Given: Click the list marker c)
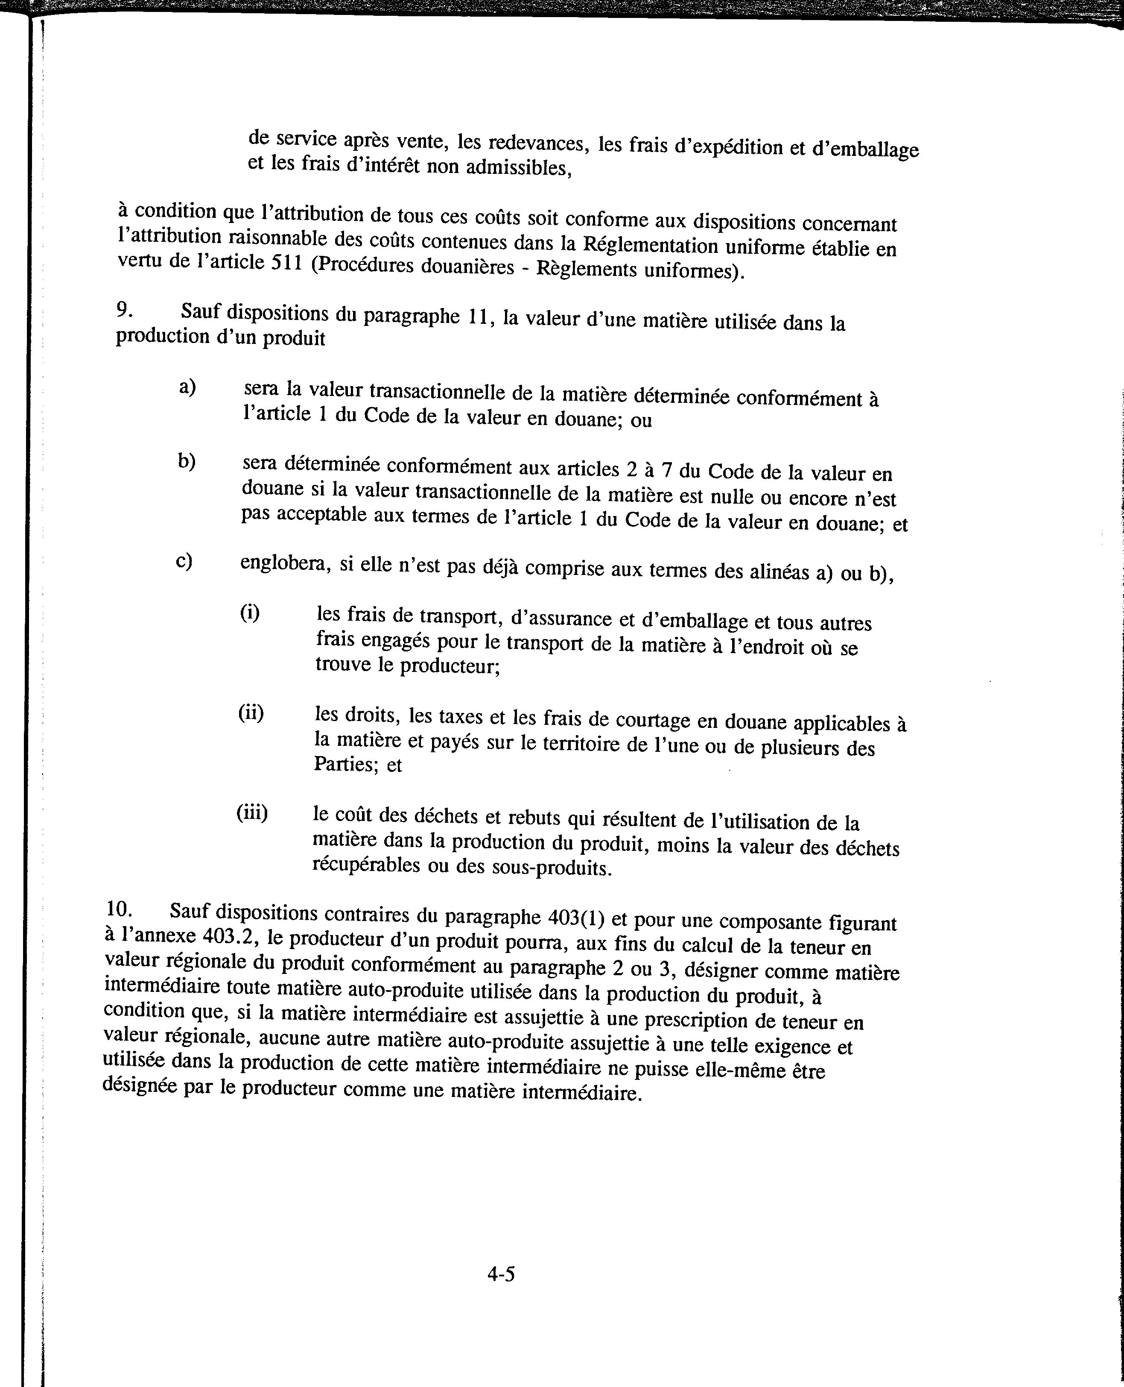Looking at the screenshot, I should [x=184, y=560].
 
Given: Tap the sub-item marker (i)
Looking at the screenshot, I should [x=250, y=612].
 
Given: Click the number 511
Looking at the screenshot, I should [x=284, y=264].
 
